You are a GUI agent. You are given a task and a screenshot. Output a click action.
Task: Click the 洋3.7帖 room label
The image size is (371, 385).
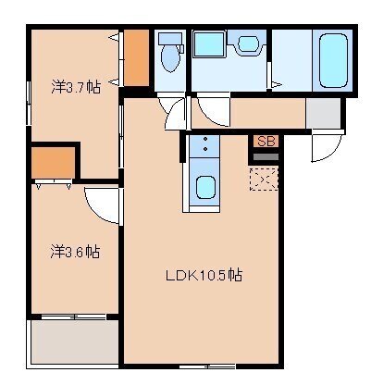[75, 88]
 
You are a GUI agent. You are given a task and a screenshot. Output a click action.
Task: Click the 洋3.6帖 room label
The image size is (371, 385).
[75, 251]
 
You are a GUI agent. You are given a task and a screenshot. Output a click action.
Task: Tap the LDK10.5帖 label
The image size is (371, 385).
[204, 275]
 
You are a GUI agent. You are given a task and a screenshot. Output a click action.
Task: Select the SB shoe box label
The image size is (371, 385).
[266, 142]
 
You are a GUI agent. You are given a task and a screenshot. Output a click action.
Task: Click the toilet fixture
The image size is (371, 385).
[169, 56]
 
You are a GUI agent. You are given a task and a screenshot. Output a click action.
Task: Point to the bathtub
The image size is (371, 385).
[330, 60]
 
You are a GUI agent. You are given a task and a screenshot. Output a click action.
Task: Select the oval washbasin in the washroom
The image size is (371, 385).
[247, 45]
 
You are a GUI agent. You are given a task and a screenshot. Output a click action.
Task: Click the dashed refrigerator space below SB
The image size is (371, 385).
[266, 178]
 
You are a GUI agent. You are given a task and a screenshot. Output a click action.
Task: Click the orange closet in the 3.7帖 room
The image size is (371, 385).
[136, 57]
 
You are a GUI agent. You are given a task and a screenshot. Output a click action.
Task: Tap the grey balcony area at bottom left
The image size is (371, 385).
[74, 342]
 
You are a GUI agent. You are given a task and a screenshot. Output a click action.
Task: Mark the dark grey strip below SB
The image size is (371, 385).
[266, 156]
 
